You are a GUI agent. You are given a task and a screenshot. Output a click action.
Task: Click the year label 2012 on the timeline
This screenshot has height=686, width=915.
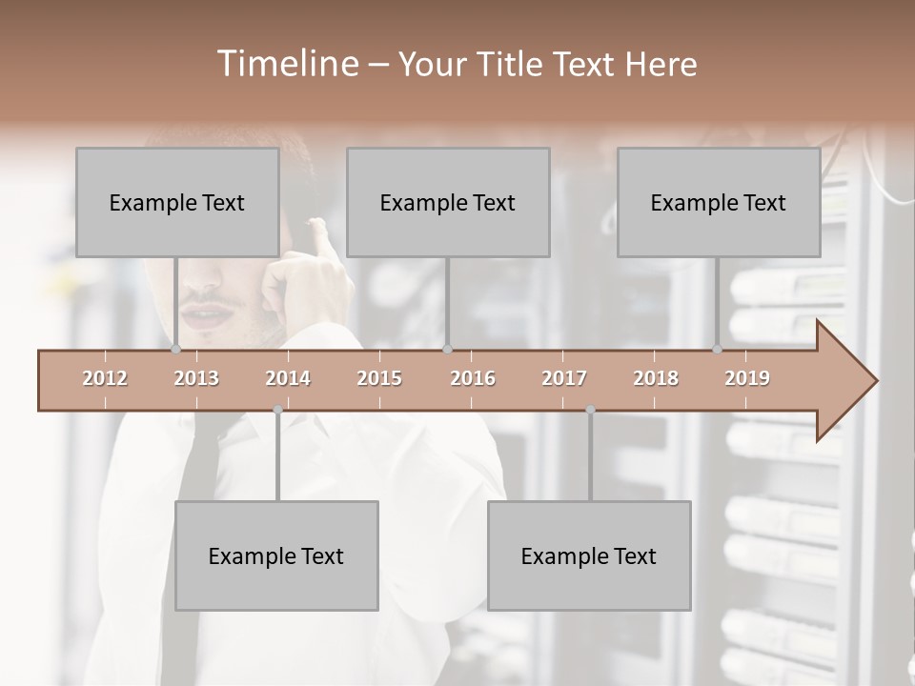tap(105, 378)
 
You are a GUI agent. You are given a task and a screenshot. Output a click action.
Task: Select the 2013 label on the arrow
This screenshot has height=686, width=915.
tap(196, 378)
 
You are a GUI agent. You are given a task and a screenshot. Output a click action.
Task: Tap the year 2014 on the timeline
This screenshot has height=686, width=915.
tap(288, 378)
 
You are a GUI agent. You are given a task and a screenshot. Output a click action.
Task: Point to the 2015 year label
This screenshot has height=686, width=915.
tap(379, 378)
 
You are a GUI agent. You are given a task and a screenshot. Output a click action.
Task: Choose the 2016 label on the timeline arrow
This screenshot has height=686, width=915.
tap(473, 378)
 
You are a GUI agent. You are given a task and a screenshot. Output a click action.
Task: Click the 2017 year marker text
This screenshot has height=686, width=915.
tap(564, 378)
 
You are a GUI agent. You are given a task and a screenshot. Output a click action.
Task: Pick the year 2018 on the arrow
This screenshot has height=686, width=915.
tap(656, 378)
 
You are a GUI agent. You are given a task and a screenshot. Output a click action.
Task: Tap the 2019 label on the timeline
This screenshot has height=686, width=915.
tap(747, 378)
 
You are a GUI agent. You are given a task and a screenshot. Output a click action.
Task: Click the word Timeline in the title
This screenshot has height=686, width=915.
tap(285, 64)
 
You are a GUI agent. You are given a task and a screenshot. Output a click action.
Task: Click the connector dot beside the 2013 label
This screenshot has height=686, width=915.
tap(176, 349)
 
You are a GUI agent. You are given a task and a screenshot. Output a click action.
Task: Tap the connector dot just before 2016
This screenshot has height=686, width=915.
tap(448, 349)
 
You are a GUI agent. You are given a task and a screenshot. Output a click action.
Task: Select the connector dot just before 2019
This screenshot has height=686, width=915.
tap(718, 349)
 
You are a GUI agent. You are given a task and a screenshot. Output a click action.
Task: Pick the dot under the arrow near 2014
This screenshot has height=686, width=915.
tap(277, 410)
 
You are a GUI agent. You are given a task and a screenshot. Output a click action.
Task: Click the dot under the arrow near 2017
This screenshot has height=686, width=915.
tap(590, 410)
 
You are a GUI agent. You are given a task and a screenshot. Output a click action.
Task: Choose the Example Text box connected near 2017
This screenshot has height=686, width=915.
tap(589, 555)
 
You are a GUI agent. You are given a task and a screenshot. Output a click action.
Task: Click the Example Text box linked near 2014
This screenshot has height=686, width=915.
tap(276, 555)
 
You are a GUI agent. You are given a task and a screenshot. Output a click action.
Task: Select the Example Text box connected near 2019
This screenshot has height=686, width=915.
tap(719, 202)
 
